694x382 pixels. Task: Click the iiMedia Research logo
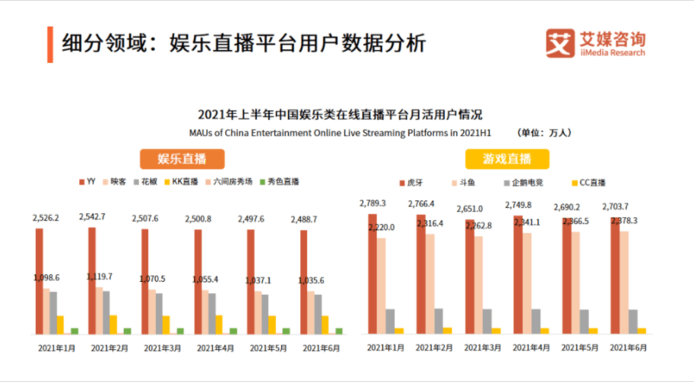click(x=595, y=43)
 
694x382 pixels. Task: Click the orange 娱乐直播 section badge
click(x=182, y=159)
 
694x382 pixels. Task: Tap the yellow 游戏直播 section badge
click(x=507, y=159)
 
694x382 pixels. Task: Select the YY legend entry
click(x=86, y=182)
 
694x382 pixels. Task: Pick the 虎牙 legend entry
click(x=410, y=183)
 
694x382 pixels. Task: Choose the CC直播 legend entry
click(x=586, y=183)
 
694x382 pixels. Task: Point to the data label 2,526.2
click(x=46, y=217)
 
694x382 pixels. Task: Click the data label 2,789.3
click(x=373, y=203)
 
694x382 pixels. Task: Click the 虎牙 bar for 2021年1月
click(x=372, y=273)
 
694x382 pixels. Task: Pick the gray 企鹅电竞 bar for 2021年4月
click(x=537, y=320)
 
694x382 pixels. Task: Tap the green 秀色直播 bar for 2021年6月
click(x=339, y=330)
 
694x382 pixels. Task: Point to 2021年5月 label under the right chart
click(x=579, y=348)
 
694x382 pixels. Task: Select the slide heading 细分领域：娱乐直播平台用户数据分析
click(x=243, y=43)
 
